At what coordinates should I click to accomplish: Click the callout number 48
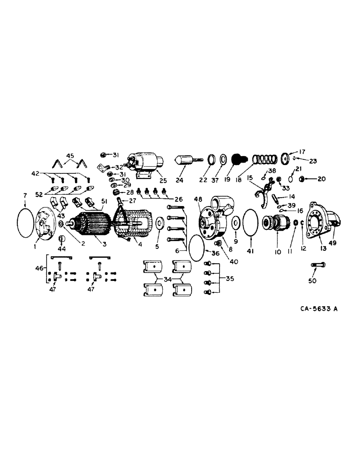tap(199, 199)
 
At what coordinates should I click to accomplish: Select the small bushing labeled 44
tap(61, 240)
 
